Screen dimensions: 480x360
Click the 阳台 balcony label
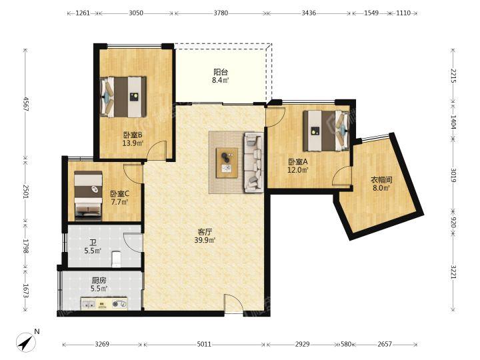point(221,72)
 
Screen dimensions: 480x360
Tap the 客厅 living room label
point(205,232)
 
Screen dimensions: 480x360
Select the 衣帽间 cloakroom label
point(381,180)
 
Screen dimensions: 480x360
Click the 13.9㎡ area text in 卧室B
point(133,143)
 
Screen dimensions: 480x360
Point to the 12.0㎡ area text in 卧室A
point(297,169)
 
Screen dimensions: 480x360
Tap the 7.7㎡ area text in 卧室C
point(119,202)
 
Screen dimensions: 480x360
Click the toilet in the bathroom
point(117,259)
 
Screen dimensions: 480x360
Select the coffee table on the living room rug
point(227,163)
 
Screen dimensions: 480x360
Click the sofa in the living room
point(253,162)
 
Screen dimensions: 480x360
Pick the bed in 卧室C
point(88,195)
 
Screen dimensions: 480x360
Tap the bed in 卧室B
point(123,97)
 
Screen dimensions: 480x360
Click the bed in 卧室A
point(326,131)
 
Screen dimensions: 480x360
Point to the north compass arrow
point(26,343)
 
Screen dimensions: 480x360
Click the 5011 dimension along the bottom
point(204,345)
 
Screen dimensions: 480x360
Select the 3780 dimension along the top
point(221,13)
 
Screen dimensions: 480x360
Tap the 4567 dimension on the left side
point(26,104)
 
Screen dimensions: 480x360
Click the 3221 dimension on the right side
point(453,271)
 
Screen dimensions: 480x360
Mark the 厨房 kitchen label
point(99,280)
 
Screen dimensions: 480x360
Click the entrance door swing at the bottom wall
point(234,304)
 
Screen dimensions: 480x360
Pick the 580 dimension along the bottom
point(346,345)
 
